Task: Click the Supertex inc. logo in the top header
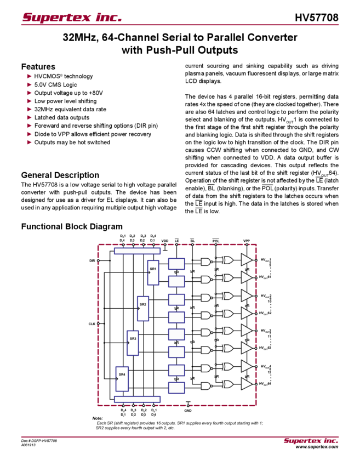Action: (x=71, y=17)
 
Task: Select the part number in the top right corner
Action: (x=320, y=17)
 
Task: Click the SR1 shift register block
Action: (x=153, y=271)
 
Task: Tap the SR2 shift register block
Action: (x=142, y=306)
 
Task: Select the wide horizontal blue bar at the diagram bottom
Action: (x=137, y=399)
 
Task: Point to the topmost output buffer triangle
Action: (x=247, y=260)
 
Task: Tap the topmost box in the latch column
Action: (x=176, y=264)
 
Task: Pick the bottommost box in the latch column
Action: (x=176, y=388)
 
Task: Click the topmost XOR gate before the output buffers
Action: (x=227, y=260)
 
